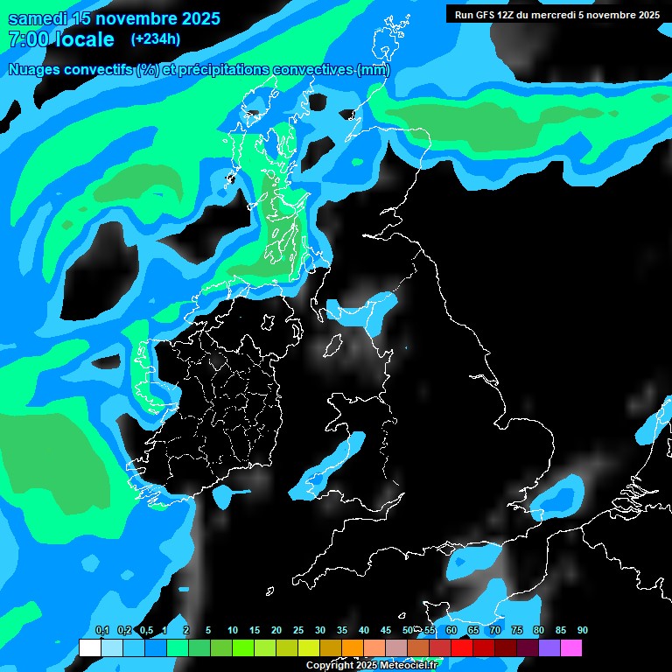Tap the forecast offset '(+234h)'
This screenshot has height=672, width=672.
coord(156,38)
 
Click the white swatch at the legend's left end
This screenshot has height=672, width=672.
coord(89,647)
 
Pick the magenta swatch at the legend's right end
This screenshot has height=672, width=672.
coord(571,647)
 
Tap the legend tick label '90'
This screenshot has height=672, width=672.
coord(583,631)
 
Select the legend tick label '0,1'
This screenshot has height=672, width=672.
coord(101,631)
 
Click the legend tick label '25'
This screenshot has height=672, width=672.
coord(298,631)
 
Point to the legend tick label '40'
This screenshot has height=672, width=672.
coord(364,631)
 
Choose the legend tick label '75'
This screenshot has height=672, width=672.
coord(517,631)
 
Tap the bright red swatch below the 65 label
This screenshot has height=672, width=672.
coord(462,647)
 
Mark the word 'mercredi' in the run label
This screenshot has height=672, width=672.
coord(570,15)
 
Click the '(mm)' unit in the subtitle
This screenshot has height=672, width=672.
coord(374,70)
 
